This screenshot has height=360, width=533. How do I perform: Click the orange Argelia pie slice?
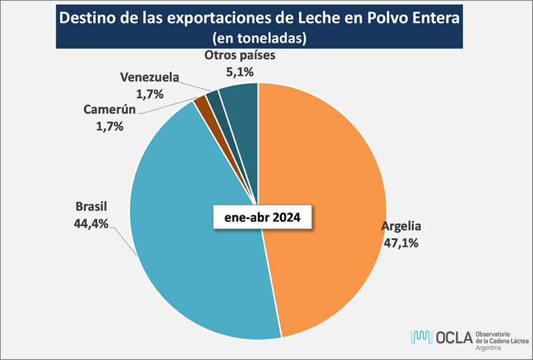326,200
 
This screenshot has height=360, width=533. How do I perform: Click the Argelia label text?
401,225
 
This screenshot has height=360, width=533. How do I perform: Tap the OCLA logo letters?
452,337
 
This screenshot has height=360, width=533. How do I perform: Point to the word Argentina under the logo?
490,348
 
